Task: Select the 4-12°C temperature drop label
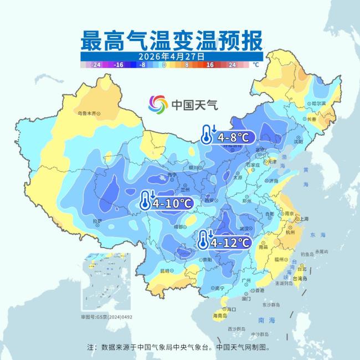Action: click(231, 243)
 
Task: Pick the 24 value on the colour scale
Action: click(232, 65)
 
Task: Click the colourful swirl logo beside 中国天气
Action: click(158, 104)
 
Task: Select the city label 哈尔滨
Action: click(318, 104)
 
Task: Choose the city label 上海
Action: click(304, 219)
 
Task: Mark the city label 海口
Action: click(224, 309)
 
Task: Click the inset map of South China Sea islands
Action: click(105, 282)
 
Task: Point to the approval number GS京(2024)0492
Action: click(107, 317)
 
